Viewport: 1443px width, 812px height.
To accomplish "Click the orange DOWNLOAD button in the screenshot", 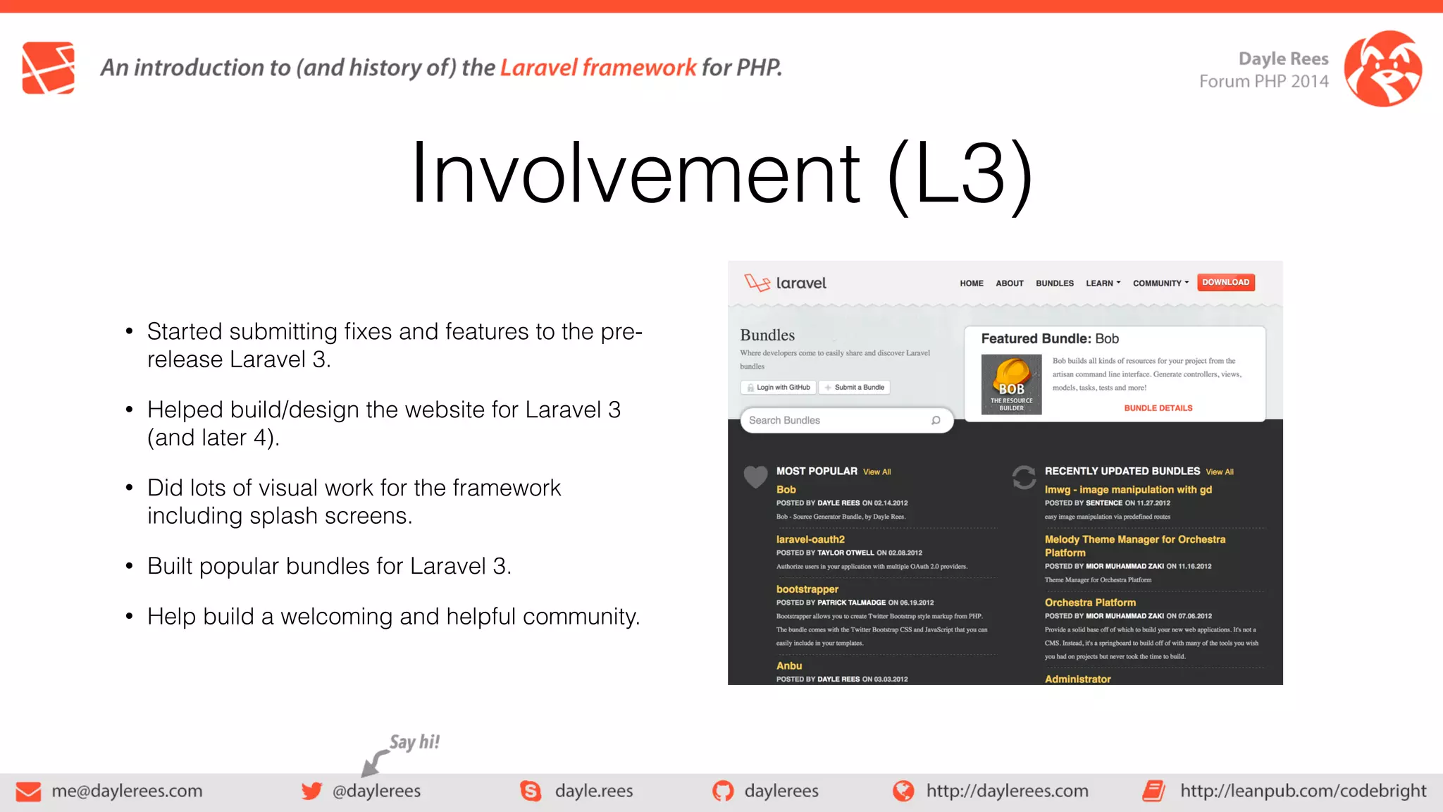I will tap(1225, 283).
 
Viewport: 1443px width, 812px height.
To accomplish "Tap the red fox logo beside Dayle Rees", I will tap(1382, 68).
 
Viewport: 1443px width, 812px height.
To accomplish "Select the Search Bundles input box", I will tap(838, 420).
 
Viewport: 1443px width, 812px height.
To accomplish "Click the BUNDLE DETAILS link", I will tap(1158, 408).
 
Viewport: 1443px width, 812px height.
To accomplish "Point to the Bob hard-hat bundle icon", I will tap(1011, 384).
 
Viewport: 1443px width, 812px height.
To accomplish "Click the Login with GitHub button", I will tap(779, 388).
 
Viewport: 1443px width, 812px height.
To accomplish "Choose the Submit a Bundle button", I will tap(854, 388).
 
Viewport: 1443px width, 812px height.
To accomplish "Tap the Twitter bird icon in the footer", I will tap(311, 791).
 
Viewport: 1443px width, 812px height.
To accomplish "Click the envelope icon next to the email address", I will tap(28, 792).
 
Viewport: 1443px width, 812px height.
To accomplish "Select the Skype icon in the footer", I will tap(531, 791).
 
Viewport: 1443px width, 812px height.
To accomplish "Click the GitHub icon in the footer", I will tap(722, 791).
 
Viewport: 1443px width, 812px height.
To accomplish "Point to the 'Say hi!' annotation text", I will tap(414, 742).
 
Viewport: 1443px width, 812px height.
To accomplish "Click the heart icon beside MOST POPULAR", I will tap(755, 477).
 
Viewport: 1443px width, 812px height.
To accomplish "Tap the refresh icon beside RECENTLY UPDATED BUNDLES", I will tap(1024, 477).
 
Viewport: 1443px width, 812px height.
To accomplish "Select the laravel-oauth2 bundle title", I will tap(810, 539).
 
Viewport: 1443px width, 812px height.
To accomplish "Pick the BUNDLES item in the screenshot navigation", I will tap(1054, 283).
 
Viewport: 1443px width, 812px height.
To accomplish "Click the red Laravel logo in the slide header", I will tap(48, 68).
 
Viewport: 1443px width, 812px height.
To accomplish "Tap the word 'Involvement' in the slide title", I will tap(634, 173).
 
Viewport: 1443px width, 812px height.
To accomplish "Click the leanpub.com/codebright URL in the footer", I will tap(1303, 791).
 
